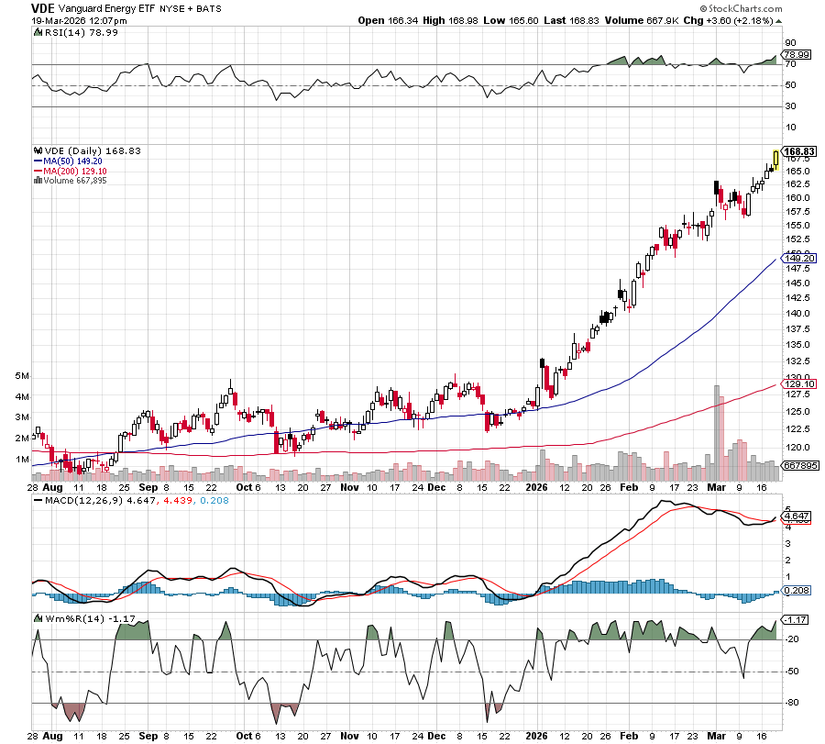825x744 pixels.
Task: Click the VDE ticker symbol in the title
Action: [43, 7]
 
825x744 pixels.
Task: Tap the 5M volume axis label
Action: [22, 376]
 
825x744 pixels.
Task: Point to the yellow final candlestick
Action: [775, 161]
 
